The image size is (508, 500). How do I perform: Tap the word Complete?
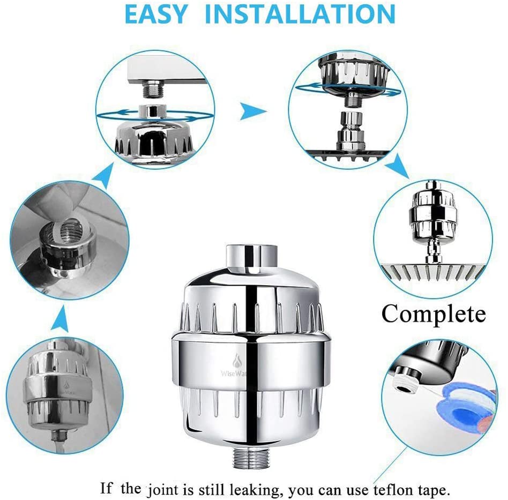click(433, 314)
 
